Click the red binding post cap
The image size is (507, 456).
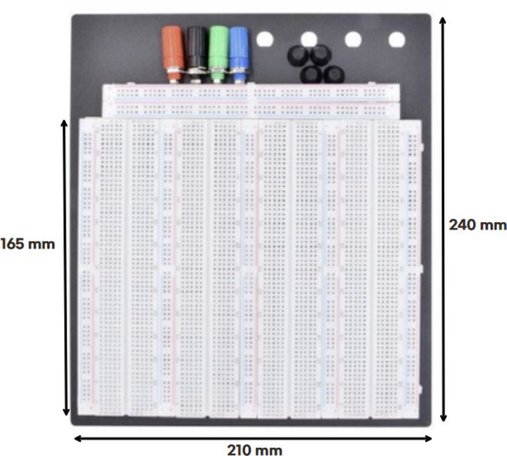pos(173,47)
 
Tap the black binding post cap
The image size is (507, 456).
pos(196,47)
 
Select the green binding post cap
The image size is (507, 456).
pos(218,47)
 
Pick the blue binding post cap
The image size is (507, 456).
pos(238,47)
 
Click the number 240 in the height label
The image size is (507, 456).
pos(461,225)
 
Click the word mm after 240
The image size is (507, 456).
pos(492,225)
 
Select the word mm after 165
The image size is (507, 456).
pos(42,245)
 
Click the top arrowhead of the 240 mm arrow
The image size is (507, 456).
pos(443,21)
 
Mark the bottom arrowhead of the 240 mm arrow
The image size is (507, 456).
pos(443,417)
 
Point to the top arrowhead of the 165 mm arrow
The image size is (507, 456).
pos(64,124)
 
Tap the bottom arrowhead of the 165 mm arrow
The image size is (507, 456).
pos(66,410)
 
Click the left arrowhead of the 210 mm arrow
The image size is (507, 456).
pos(79,438)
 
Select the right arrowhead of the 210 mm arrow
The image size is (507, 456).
pos(428,438)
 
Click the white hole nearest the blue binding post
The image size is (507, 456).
pos(265,39)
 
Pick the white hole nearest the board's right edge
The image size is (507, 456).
pos(397,39)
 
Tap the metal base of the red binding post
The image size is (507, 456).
pos(174,74)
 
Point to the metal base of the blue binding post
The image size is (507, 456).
pos(238,74)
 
